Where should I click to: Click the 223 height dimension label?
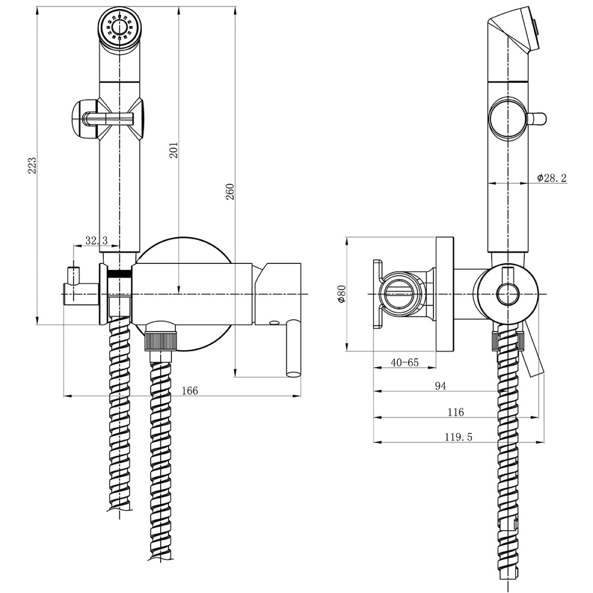tap(32, 165)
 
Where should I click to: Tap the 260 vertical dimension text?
tap(230, 192)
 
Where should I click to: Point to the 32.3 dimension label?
tap(96, 240)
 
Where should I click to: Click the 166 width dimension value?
tap(190, 390)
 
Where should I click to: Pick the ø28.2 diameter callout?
tap(551, 177)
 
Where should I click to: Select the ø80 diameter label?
tap(340, 294)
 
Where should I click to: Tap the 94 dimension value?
tap(440, 386)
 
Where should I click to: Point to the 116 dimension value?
tap(456, 412)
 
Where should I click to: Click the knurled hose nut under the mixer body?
tap(161, 341)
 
